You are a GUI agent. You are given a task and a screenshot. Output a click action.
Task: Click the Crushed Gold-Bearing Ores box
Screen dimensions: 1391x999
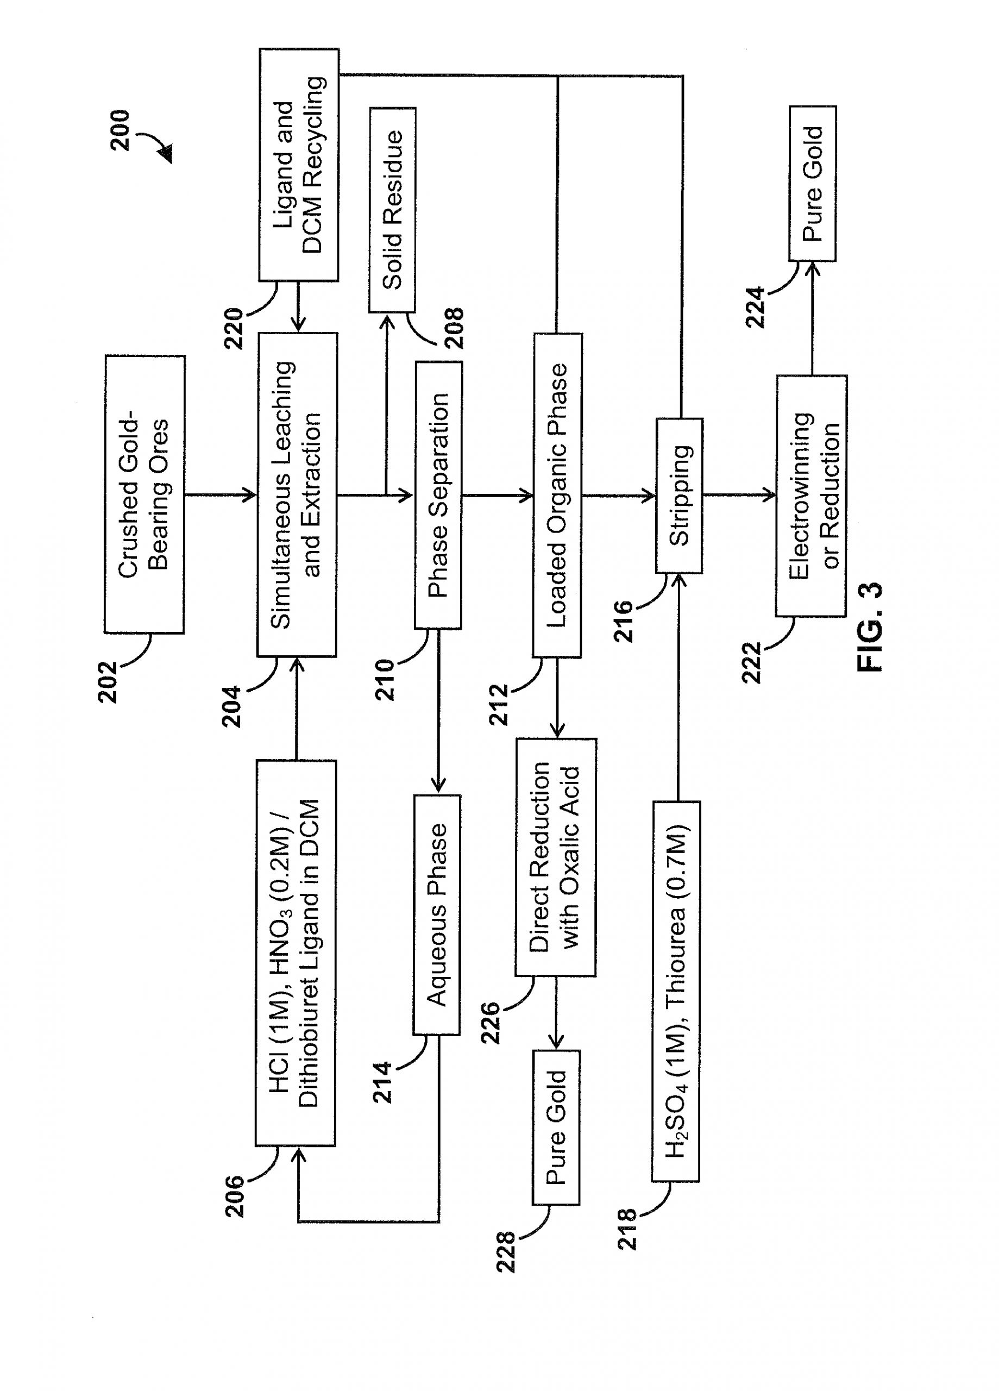click(x=144, y=494)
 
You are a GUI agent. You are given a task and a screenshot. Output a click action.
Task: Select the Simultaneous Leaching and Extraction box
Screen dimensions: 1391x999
click(x=297, y=494)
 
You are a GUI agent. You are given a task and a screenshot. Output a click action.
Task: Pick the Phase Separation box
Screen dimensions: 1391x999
click(x=438, y=495)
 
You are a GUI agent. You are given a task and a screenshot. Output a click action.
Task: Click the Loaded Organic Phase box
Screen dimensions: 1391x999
click(x=557, y=495)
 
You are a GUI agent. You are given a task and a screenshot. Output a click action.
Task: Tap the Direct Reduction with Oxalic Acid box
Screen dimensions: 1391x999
click(x=556, y=857)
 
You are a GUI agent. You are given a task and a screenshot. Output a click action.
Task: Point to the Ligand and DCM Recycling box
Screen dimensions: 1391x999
click(x=299, y=165)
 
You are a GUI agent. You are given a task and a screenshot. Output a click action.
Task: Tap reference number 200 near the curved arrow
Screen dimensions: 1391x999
click(x=120, y=130)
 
